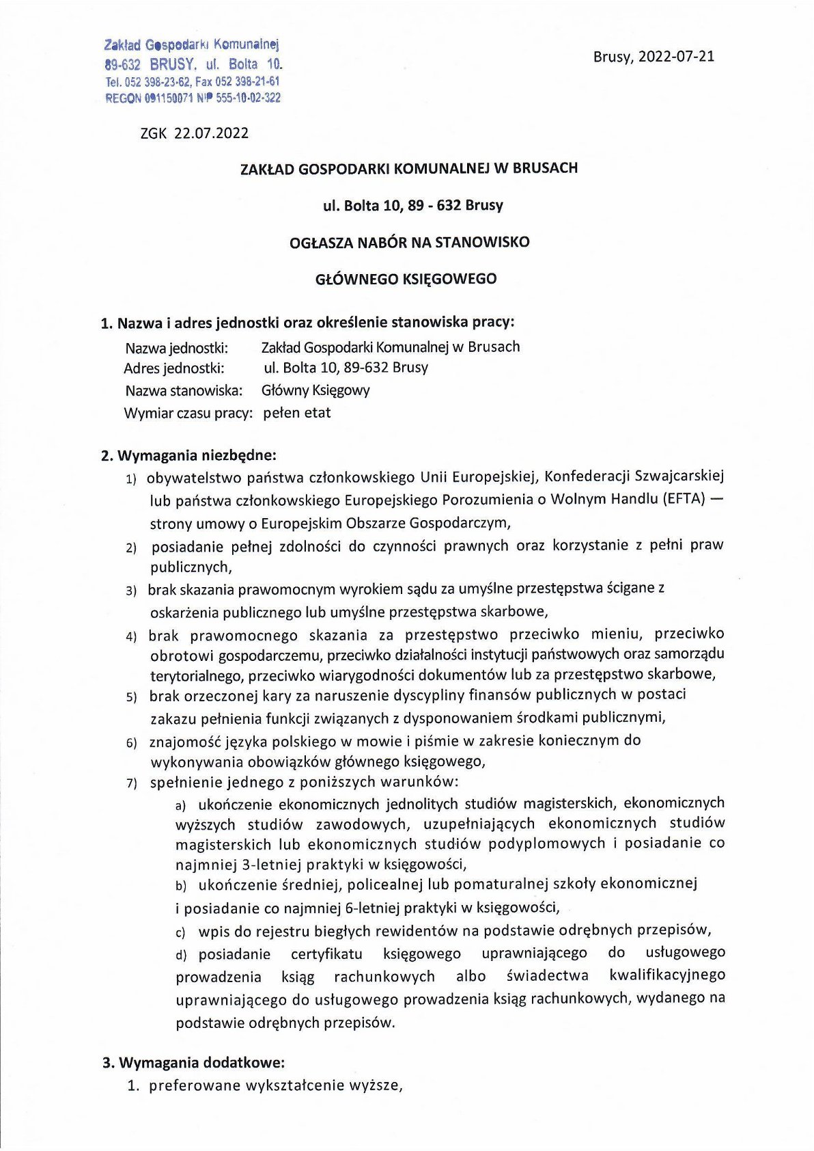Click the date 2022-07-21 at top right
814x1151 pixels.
[676, 57]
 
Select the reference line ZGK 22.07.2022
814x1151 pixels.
[195, 133]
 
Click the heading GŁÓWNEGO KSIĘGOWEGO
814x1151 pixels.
[406, 279]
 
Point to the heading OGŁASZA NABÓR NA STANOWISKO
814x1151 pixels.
[409, 242]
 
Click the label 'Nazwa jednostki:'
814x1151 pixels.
[176, 347]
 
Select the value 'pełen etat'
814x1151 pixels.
[297, 413]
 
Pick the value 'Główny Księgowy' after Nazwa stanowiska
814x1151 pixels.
[315, 390]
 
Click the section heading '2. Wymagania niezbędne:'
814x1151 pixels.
[188, 455]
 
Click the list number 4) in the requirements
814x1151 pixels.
[131, 637]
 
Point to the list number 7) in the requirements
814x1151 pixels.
[131, 783]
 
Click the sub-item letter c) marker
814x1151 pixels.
[180, 932]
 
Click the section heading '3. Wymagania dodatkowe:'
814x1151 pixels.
[193, 1063]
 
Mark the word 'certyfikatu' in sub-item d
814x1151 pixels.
[326, 954]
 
